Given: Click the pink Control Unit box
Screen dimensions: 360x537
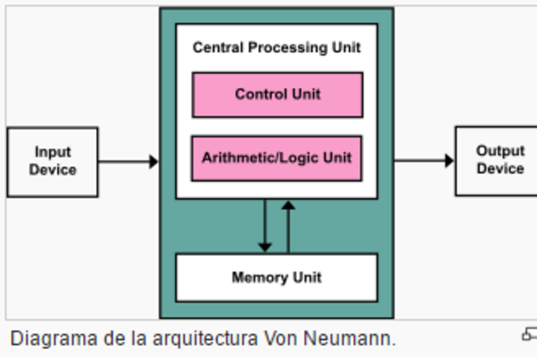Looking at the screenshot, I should tap(277, 95).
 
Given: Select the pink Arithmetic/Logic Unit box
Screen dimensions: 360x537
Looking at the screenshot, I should tap(277, 158).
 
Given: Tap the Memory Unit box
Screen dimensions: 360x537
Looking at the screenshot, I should tap(276, 277).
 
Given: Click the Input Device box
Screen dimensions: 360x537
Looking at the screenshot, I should tap(52, 161).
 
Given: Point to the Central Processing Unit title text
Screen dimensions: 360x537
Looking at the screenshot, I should tap(276, 48).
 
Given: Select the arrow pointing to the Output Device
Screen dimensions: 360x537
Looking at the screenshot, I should tap(424, 160).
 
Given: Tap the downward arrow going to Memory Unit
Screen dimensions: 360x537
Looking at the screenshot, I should tap(265, 226).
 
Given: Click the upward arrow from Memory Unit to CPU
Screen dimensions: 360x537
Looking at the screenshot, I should tap(288, 226).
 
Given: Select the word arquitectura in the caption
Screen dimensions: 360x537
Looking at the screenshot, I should tap(200, 339).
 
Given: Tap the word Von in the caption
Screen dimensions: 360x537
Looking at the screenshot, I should tap(282, 339).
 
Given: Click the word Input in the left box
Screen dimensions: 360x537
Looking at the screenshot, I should tap(52, 152).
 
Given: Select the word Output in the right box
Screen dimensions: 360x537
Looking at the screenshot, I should tap(500, 151).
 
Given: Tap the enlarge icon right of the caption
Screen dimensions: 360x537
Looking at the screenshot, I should tap(529, 335).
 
